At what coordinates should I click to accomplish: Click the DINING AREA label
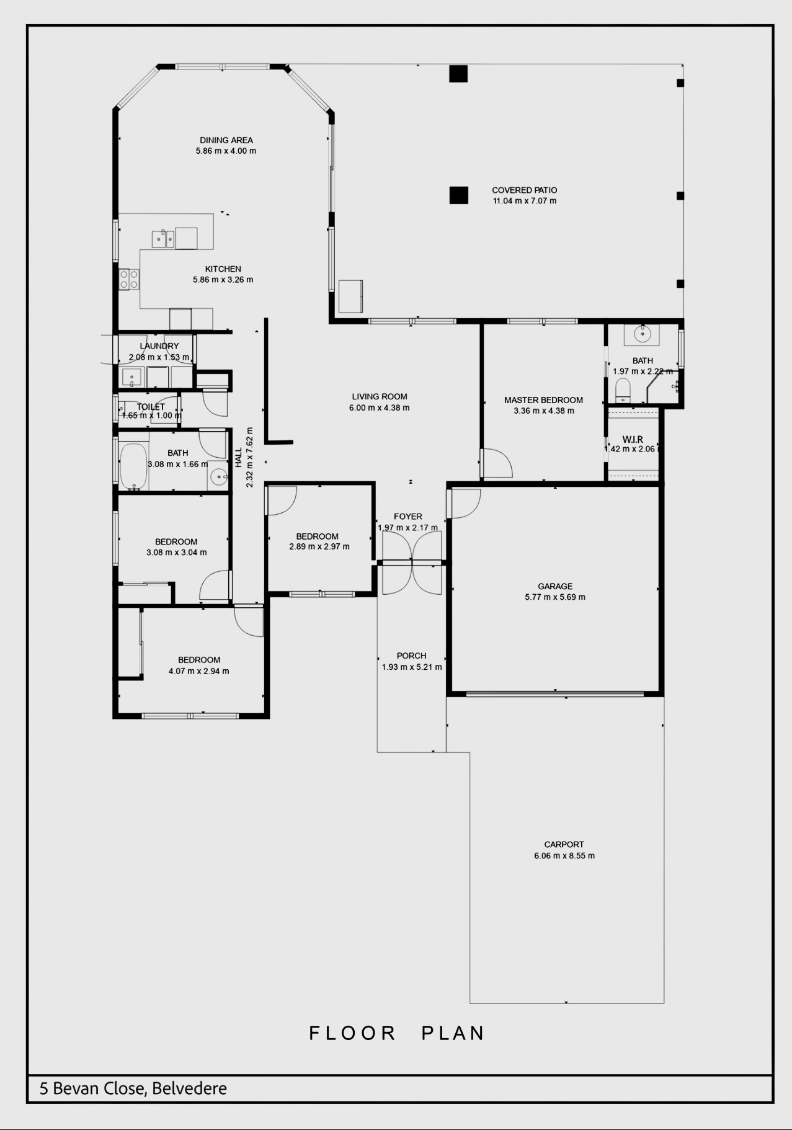click(226, 140)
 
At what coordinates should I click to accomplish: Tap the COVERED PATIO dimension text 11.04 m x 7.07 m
click(525, 201)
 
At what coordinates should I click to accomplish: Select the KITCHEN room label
click(223, 269)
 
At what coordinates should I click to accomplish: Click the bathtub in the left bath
click(133, 466)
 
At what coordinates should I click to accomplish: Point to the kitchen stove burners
click(129, 279)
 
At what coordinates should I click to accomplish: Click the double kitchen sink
click(163, 239)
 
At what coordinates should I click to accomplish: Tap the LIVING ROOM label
click(380, 397)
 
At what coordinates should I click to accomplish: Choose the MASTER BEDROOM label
click(543, 400)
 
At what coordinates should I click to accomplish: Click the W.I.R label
click(633, 440)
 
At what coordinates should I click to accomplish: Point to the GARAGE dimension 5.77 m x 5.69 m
click(555, 597)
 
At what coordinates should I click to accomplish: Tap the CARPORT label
click(564, 845)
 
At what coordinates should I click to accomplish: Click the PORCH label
click(411, 656)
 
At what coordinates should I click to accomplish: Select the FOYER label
click(407, 517)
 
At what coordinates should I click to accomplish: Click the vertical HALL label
click(239, 458)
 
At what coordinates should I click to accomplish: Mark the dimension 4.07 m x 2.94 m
click(198, 671)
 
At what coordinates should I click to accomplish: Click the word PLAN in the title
click(453, 1033)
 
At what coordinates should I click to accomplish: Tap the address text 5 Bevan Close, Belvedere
click(133, 1088)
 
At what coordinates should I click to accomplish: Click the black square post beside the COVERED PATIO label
click(459, 195)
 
